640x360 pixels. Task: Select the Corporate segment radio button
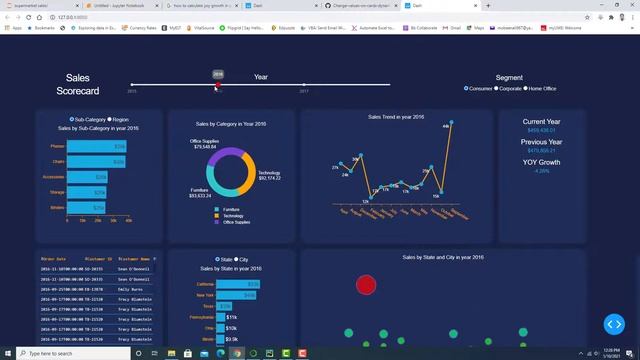point(497,89)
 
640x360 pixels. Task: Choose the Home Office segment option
point(526,89)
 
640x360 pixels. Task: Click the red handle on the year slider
point(218,86)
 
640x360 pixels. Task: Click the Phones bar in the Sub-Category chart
point(97,147)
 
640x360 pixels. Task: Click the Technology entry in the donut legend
point(232,216)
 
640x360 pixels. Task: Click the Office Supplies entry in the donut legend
point(236,222)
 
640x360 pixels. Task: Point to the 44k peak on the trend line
point(451,123)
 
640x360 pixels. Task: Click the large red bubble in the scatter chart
point(366,286)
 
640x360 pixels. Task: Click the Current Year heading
point(541,121)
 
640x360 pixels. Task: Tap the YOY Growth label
point(541,161)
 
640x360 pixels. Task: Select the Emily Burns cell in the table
point(131,288)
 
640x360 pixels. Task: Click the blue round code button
point(613,324)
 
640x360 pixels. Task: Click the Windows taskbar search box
point(70,353)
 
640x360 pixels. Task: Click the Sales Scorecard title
point(78,84)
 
